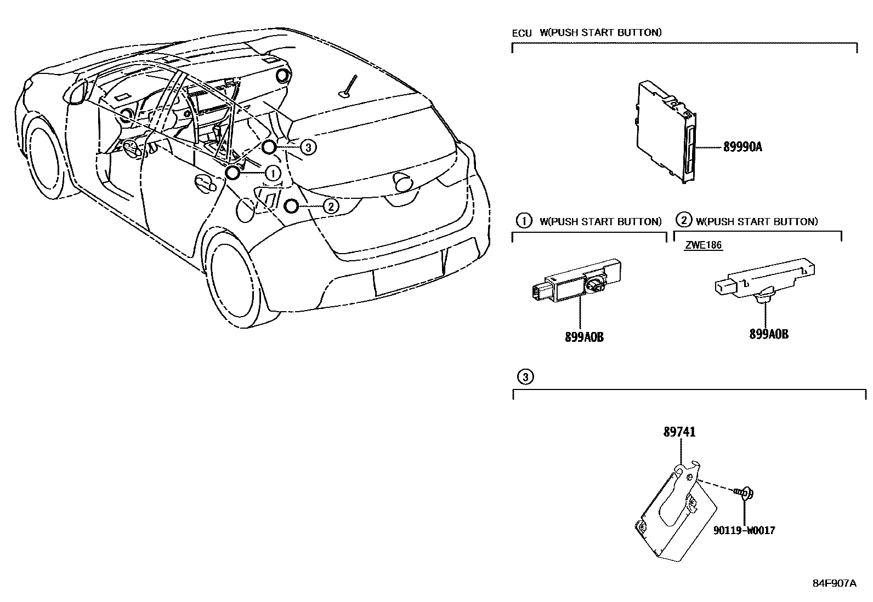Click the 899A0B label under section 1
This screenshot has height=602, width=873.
584,337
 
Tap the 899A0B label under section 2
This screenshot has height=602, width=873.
769,334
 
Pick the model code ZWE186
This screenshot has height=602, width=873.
703,245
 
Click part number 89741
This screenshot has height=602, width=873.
680,432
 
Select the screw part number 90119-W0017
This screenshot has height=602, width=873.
744,530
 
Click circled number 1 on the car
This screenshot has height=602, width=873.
272,174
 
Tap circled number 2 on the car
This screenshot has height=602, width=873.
331,206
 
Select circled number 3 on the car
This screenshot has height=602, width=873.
308,146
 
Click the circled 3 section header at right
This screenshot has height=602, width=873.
525,377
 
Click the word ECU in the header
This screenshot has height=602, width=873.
521,33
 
